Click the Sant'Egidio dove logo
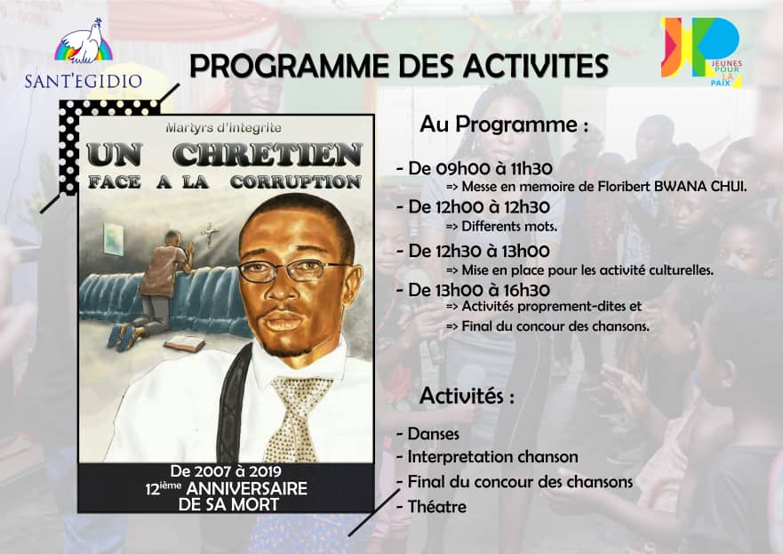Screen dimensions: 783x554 84,42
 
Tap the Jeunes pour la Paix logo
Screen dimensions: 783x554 701,52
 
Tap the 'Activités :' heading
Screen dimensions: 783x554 467,396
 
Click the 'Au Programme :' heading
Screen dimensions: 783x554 504,124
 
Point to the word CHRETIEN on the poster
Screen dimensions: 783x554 268,155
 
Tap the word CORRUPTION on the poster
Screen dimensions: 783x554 296,182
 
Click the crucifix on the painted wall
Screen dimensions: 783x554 211,233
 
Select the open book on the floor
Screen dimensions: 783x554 184,343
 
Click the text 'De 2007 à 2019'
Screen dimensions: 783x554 226,471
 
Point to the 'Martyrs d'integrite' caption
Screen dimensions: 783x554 224,128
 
